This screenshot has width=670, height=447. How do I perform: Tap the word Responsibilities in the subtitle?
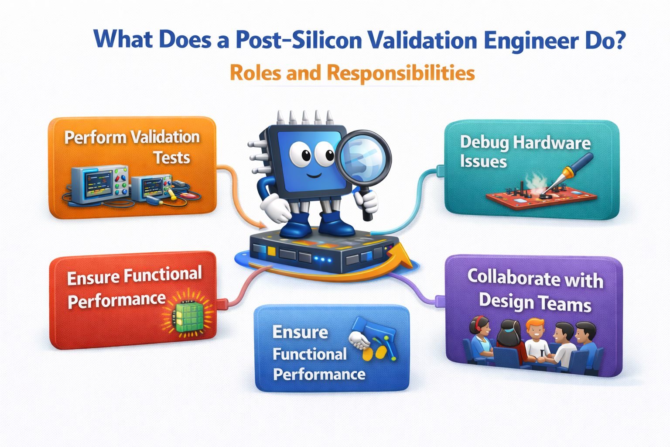click(401, 73)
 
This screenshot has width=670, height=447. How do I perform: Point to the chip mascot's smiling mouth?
click(314, 175)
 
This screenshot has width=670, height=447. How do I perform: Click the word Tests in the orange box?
click(171, 158)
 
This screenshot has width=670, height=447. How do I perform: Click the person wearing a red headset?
click(480, 337)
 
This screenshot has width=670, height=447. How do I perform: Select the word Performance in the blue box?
click(319, 374)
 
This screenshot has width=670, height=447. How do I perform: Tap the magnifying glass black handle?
click(366, 203)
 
